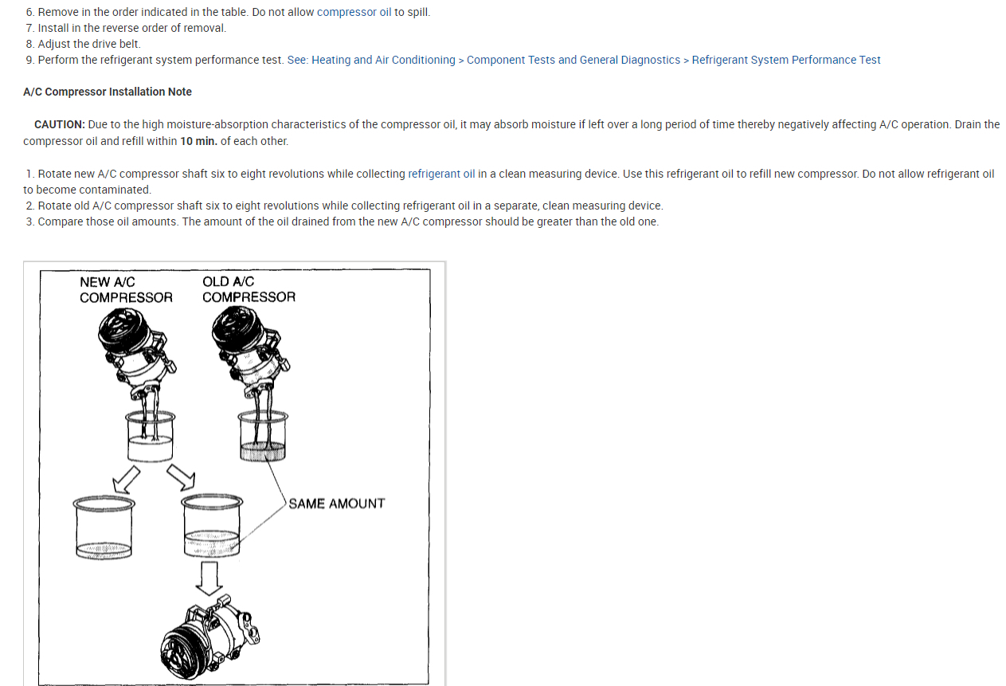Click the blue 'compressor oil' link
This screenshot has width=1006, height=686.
tap(354, 12)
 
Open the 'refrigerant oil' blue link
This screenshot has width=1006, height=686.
tap(441, 174)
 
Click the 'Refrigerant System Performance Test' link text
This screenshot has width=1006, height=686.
tap(786, 60)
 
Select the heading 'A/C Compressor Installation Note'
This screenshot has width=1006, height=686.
tap(108, 92)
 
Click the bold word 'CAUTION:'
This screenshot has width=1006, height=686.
tap(60, 124)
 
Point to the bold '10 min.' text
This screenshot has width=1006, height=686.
tap(198, 141)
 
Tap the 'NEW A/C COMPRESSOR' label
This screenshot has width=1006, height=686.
tap(126, 290)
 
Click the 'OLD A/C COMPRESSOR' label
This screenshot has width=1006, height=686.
tap(249, 289)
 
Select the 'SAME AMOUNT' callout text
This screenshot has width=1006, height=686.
tap(337, 504)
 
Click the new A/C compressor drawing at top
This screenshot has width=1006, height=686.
tap(137, 353)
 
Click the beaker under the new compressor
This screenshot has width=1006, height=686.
tap(150, 436)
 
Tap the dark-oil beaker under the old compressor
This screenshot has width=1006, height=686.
tap(263, 436)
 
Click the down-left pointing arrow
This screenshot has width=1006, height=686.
tap(126, 479)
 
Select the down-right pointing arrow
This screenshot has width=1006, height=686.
tap(181, 477)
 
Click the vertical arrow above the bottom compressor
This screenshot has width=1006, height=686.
tap(209, 578)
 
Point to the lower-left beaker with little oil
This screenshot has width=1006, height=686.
tap(104, 527)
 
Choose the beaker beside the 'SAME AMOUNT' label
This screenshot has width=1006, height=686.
tap(212, 526)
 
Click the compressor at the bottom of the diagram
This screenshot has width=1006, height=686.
tap(209, 637)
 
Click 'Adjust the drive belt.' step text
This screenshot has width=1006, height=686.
tap(89, 44)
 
